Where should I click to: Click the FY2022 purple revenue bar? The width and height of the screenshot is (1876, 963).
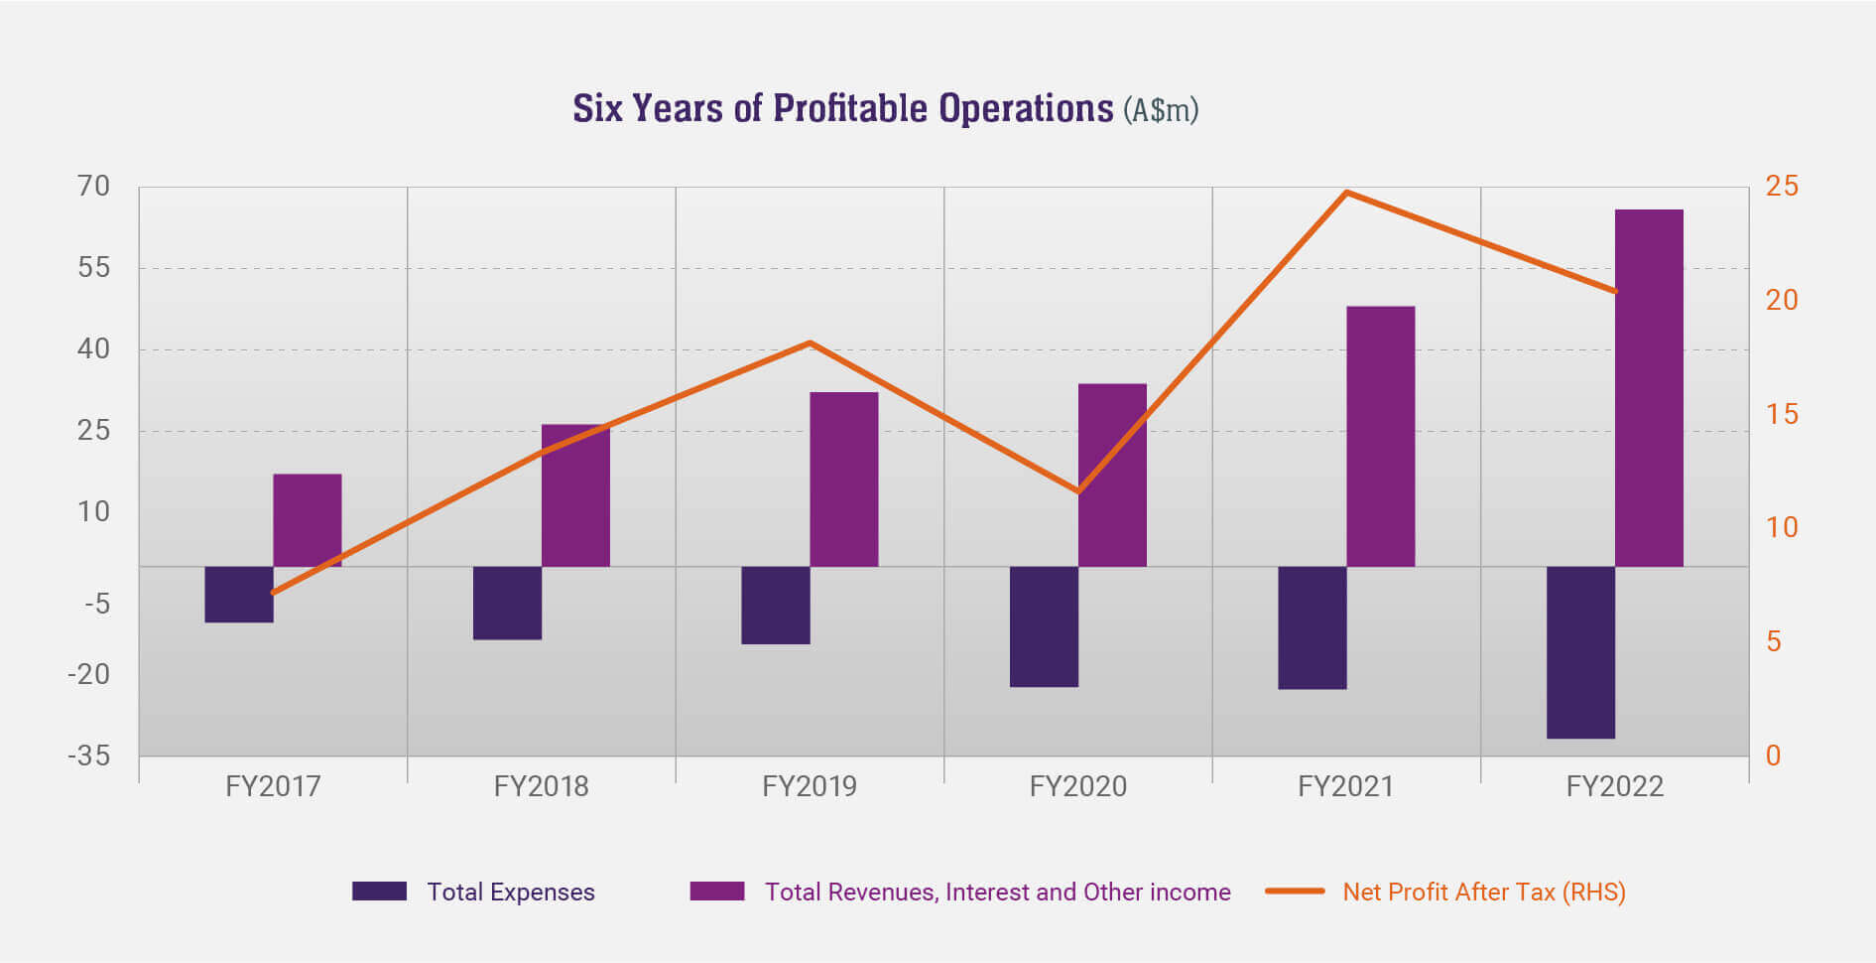coord(1649,387)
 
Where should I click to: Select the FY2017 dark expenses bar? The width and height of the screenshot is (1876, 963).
coord(239,595)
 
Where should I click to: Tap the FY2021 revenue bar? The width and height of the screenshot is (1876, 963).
coord(1380,436)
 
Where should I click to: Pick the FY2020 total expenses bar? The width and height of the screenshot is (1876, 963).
coord(1044,626)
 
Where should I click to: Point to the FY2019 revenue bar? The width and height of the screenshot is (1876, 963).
coord(843,480)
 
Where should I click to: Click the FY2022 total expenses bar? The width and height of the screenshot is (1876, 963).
coord(1580,652)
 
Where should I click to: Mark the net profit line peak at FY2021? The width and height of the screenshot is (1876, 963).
coord(1346,192)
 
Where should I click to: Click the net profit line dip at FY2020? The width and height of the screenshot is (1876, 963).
coord(1078,491)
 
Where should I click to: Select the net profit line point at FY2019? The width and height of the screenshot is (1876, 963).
coord(810,343)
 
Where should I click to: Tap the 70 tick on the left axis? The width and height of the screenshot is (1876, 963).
coord(94,186)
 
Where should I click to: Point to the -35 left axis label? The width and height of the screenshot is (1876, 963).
coord(89,756)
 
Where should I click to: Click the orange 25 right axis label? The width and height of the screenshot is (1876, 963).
coord(1782,186)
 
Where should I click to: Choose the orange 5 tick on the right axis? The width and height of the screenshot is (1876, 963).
coord(1774,641)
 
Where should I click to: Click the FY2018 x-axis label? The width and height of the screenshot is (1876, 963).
coord(541,786)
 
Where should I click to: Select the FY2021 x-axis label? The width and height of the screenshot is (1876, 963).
coord(1345,786)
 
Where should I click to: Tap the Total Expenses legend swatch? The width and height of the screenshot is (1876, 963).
coord(379,892)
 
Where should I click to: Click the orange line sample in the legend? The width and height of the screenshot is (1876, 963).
coord(1295,892)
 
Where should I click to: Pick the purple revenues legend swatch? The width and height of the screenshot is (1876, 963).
coord(717,892)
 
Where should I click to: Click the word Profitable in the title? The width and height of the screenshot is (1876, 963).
coord(843,108)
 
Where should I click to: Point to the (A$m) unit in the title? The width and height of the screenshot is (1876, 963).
coord(1161,109)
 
